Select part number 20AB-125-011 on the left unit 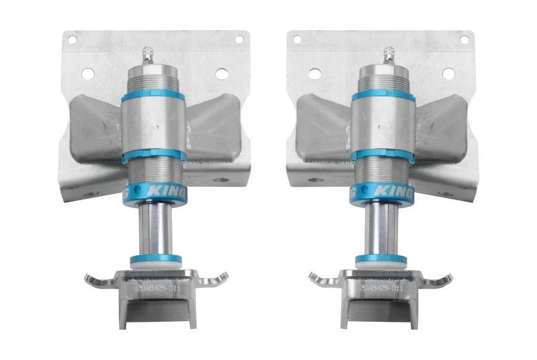(157, 287)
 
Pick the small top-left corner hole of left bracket (72, 40)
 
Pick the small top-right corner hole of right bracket (463, 40)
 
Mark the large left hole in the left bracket (87, 73)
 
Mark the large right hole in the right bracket (448, 73)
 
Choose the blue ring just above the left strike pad (156, 259)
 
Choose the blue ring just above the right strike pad (381, 259)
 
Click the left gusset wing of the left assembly (94, 128)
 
